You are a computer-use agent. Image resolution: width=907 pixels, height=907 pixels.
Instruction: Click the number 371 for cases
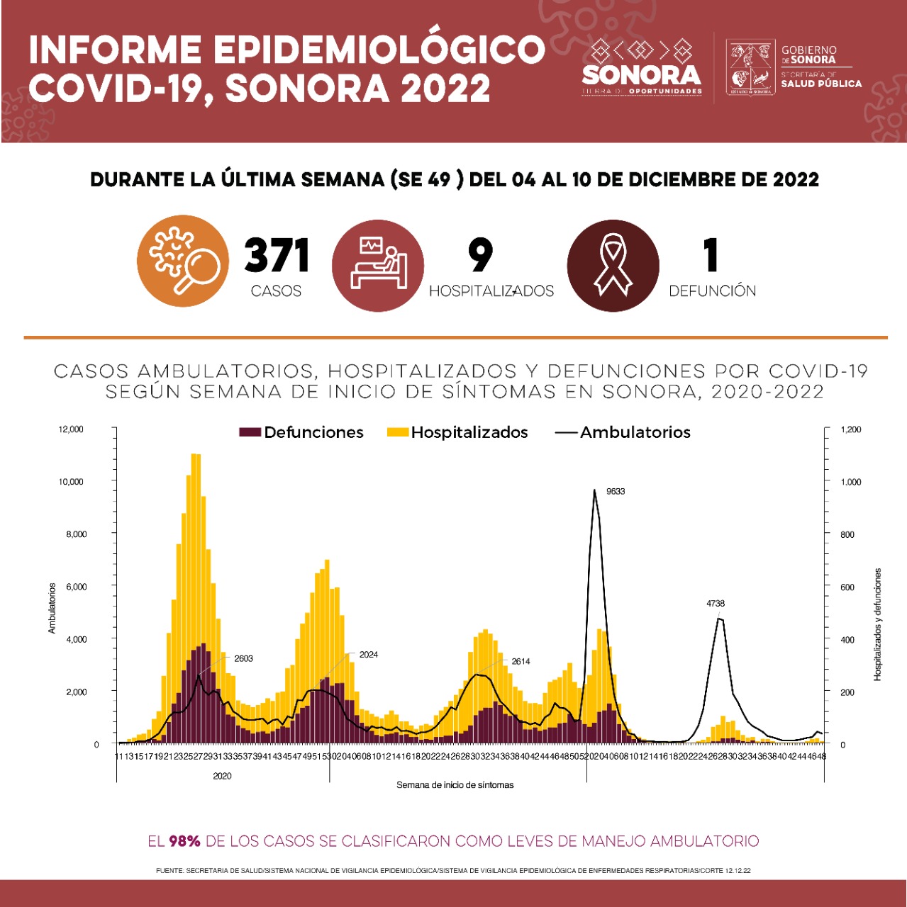tap(277, 256)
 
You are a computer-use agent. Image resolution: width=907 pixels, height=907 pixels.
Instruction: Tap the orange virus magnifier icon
tap(183, 261)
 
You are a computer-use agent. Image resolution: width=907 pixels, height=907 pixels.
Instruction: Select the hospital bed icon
tap(378, 265)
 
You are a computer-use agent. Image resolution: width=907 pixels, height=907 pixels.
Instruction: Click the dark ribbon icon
tap(613, 266)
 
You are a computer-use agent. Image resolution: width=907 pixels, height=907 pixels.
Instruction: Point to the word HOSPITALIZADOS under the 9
tap(491, 291)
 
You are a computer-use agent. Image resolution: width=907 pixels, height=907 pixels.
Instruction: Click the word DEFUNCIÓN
tap(712, 291)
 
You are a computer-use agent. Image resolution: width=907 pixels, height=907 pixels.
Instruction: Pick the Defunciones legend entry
tap(301, 432)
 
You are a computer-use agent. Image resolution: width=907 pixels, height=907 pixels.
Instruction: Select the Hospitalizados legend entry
tap(457, 432)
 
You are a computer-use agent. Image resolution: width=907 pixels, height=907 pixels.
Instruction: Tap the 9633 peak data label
tap(616, 491)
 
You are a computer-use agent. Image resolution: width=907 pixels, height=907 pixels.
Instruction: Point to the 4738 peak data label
tap(716, 604)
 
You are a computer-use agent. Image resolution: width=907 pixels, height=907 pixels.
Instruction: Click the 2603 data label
tap(243, 658)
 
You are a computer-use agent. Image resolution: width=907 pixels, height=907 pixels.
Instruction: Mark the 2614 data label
tap(521, 661)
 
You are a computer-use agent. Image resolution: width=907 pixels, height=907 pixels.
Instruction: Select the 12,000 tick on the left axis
tap(71, 429)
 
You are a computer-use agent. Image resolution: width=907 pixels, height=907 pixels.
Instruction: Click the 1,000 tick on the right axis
tap(850, 482)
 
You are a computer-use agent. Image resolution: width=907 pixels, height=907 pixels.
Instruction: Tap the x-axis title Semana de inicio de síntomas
tap(455, 785)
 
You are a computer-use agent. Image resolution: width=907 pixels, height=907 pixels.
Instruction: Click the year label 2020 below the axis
tap(222, 776)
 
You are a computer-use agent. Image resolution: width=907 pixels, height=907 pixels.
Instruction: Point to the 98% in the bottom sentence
tap(184, 841)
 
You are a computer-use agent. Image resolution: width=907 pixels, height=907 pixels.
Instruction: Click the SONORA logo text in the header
tap(641, 74)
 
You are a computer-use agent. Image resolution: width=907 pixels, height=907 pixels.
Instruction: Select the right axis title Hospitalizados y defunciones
tap(878, 624)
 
